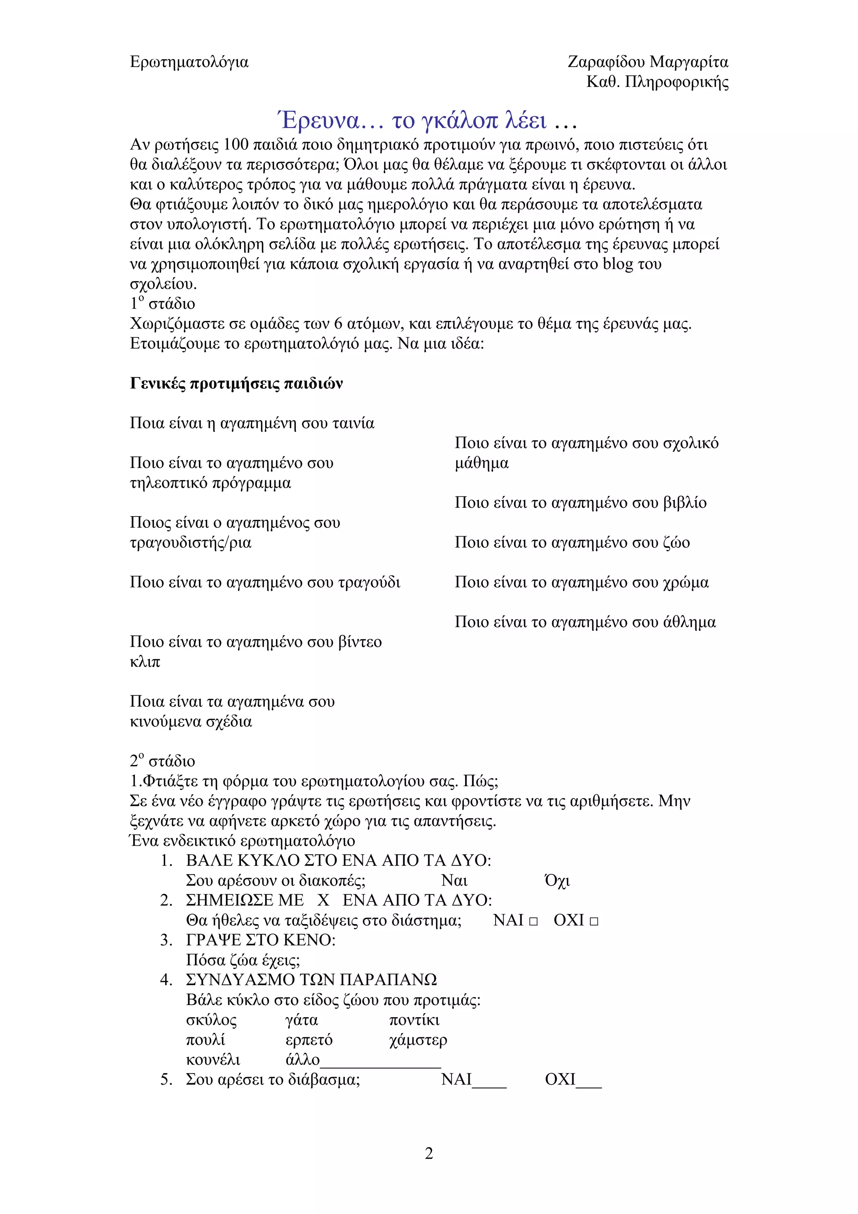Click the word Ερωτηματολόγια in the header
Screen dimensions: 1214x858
189,62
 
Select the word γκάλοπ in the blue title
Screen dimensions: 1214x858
460,121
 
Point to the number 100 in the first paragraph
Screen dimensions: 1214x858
236,145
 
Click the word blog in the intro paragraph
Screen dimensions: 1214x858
618,264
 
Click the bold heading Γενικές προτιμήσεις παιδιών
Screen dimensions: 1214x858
236,383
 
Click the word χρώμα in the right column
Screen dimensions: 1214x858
686,582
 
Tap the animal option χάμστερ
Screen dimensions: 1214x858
418,1040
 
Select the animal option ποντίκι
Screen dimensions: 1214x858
414,1020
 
